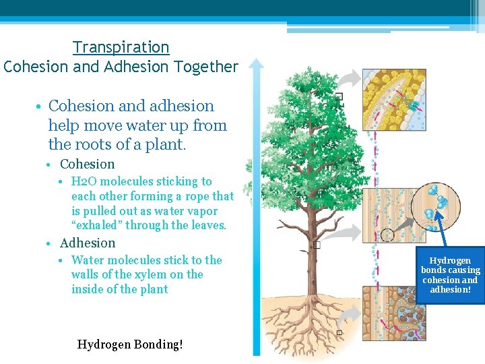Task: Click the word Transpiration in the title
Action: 121,47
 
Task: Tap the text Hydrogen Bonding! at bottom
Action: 130,344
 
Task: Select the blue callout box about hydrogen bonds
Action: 450,275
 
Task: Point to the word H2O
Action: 84,181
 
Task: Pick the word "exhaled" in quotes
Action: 95,226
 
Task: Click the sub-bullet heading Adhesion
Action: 88,243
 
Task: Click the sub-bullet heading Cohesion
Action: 88,164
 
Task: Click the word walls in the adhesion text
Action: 85,274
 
